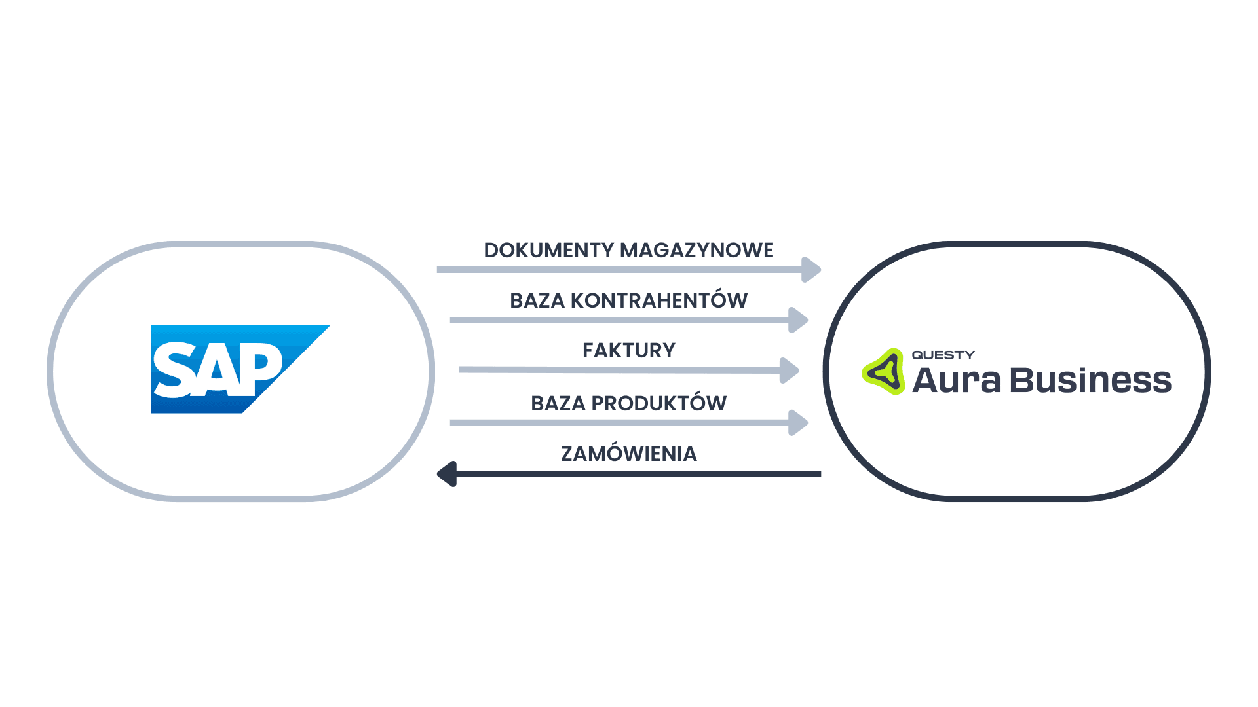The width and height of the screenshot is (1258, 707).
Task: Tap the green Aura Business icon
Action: point(883,372)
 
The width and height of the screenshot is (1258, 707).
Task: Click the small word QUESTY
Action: point(943,355)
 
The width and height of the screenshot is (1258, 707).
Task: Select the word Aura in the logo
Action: point(956,380)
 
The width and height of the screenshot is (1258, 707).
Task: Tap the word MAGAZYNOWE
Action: point(696,250)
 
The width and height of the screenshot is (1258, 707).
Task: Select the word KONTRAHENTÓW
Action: point(658,300)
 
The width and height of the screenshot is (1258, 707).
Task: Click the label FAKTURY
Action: point(629,350)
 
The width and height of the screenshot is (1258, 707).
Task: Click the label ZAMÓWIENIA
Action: point(629,454)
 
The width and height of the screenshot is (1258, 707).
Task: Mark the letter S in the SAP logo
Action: point(176,371)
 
